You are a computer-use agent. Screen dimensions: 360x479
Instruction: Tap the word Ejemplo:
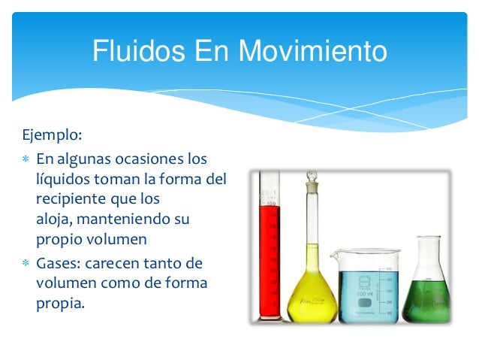click(53, 138)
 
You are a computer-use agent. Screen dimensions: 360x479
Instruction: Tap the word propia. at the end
click(56, 305)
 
